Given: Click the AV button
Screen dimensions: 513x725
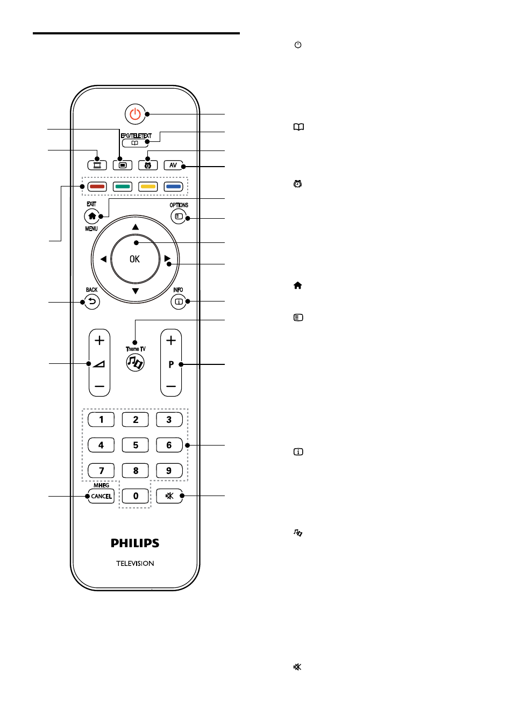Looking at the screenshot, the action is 173,166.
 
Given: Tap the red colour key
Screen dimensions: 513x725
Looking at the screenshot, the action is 97,186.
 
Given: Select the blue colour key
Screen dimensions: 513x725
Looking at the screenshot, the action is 173,186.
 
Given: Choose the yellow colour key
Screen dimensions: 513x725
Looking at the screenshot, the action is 148,186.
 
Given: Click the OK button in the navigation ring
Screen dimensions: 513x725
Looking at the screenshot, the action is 135,259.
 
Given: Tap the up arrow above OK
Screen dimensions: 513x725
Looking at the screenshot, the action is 136,227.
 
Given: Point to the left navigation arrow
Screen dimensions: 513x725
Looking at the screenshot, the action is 103,259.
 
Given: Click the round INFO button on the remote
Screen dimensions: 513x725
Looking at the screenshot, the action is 179,302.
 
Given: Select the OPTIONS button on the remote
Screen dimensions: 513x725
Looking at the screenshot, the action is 179,216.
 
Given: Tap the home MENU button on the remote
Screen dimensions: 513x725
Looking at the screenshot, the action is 92,216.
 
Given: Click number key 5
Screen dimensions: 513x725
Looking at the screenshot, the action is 136,445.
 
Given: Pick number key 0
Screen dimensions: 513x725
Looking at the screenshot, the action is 136,496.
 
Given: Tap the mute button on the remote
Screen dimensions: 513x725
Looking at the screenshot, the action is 169,496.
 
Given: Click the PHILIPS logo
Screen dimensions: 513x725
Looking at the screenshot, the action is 135,543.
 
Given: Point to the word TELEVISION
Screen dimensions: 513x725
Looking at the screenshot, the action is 135,563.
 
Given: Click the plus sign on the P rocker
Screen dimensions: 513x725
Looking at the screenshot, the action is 171,340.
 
